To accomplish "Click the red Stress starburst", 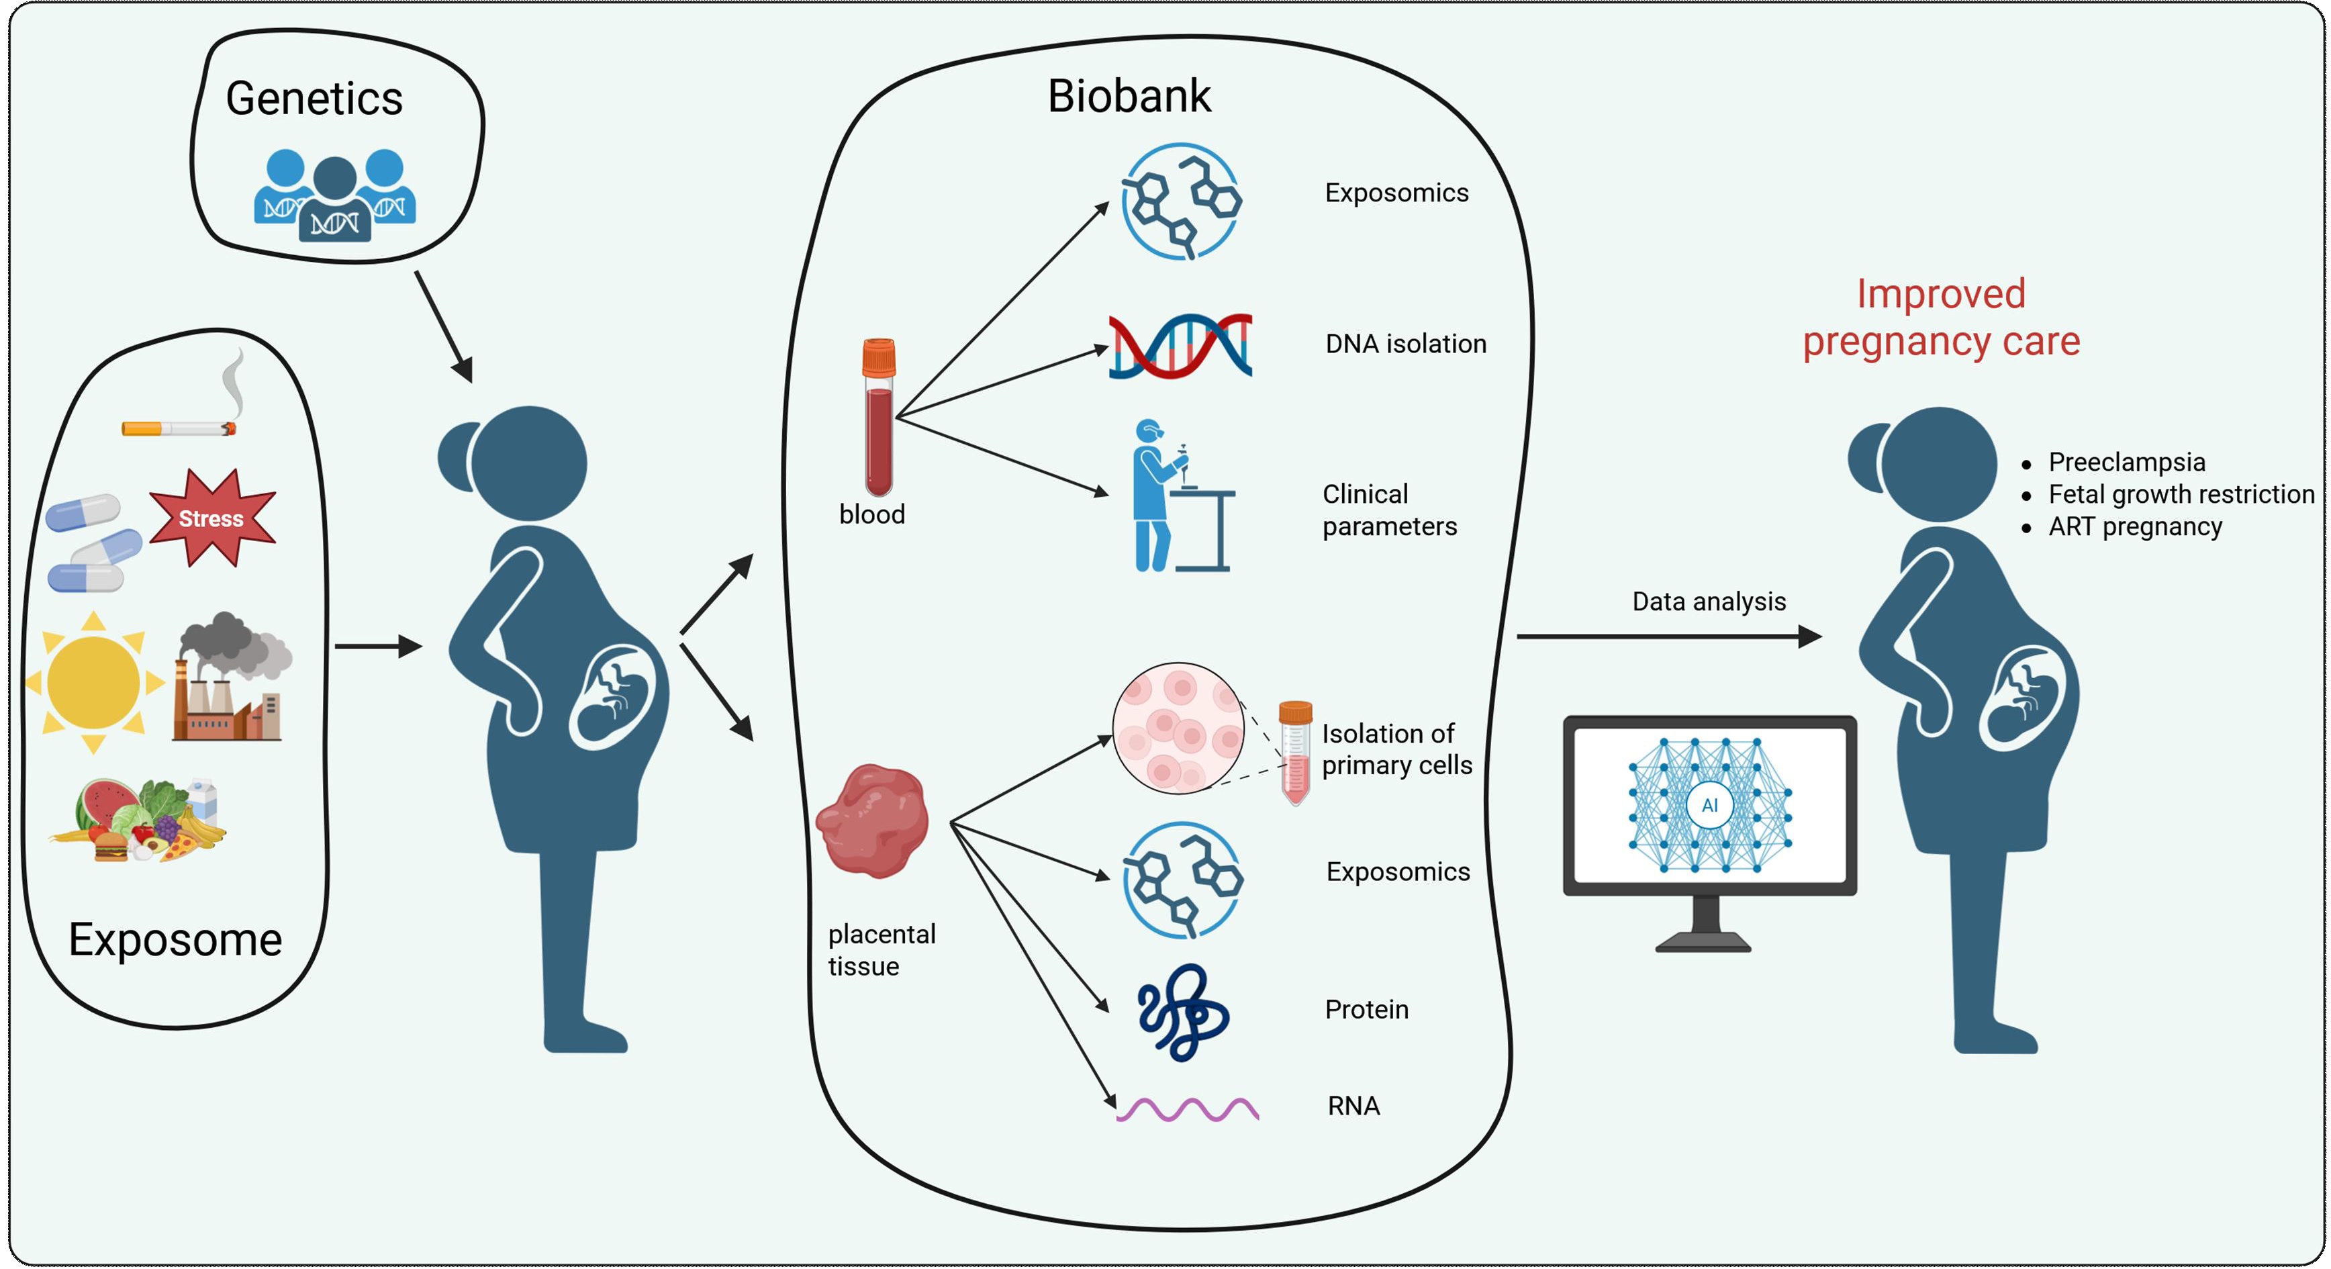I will [x=211, y=518].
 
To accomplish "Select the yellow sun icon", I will [x=93, y=681].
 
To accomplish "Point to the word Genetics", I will [x=314, y=98].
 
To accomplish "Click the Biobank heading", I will [x=1129, y=96].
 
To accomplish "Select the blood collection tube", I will [x=877, y=416].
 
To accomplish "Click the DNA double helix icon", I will [x=1180, y=345].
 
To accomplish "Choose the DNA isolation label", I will [x=1405, y=344].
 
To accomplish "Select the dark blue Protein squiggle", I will [x=1182, y=1012].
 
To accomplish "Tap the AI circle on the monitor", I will [x=1709, y=804].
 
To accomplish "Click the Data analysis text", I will [x=1709, y=601].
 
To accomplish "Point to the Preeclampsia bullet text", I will [x=2126, y=462].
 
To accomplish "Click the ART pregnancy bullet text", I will [x=2135, y=527].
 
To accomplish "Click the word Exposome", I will [x=175, y=939].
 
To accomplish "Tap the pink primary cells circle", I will [x=1178, y=728].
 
